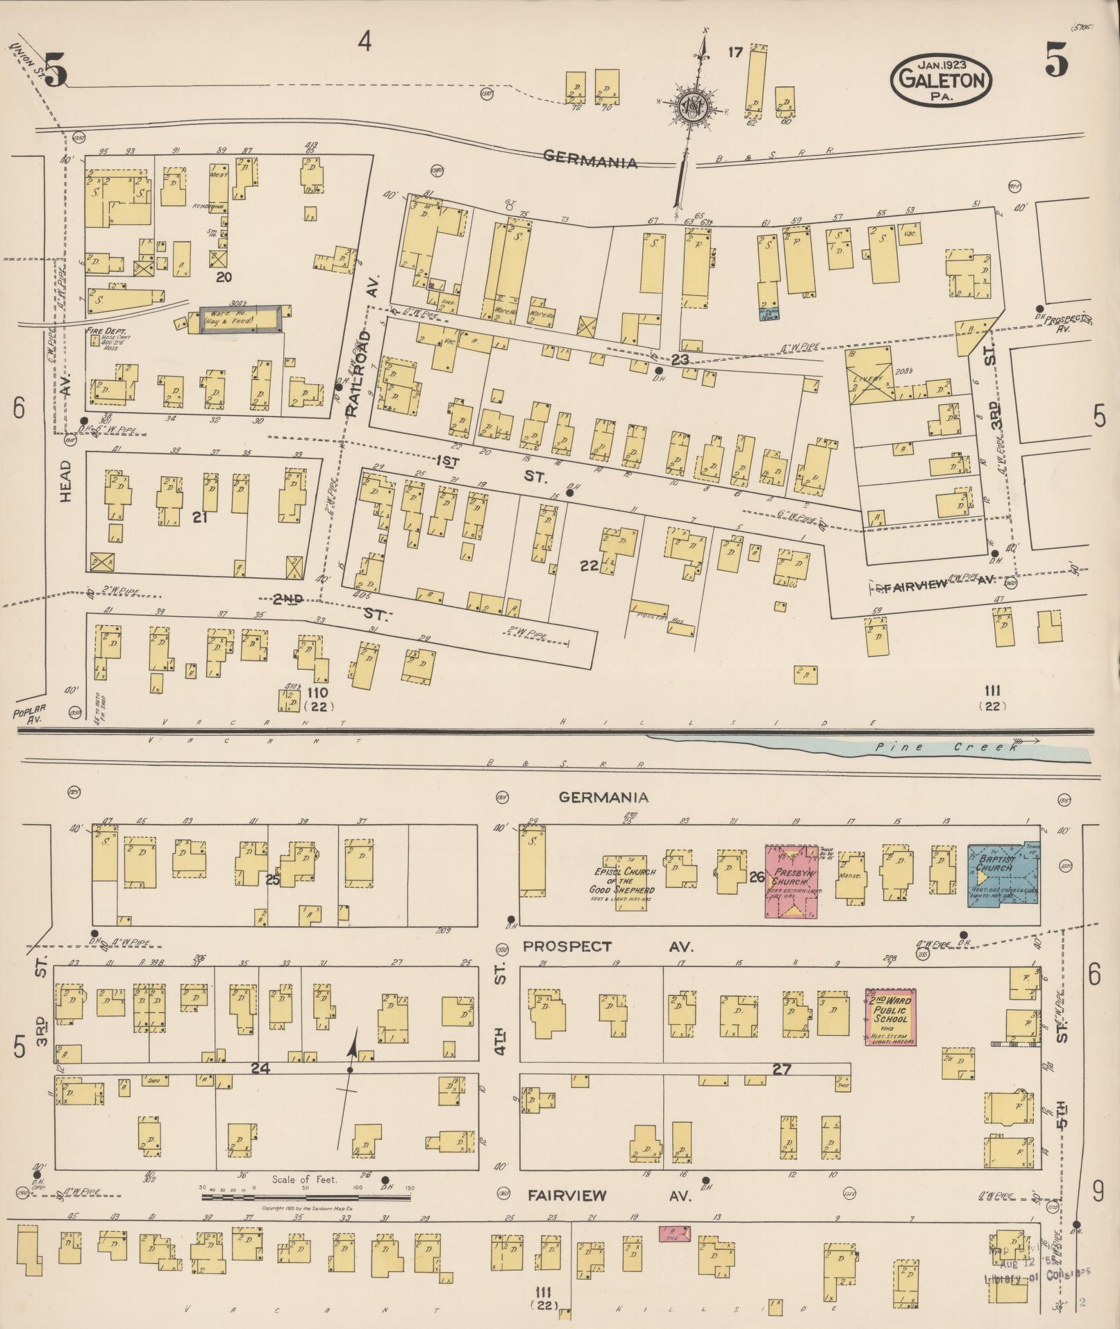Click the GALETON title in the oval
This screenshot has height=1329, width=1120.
(942, 79)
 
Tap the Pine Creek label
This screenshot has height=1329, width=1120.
(948, 748)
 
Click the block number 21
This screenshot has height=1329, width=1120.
(200, 518)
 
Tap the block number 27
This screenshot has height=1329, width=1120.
(782, 1069)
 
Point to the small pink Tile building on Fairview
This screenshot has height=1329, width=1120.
(674, 1234)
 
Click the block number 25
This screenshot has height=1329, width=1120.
(271, 879)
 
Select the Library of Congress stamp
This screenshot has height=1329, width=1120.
(1035, 1269)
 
